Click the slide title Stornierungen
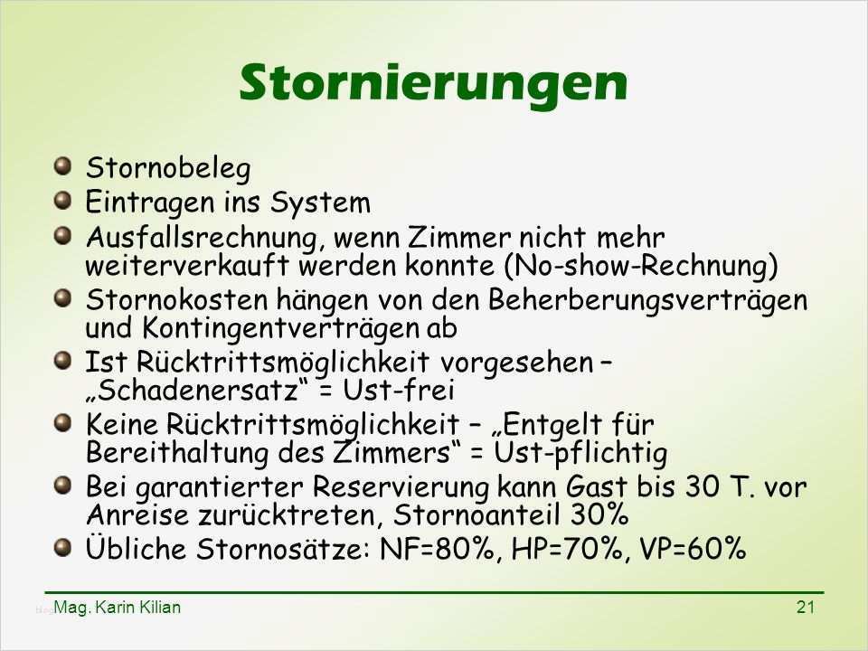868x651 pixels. tap(433, 83)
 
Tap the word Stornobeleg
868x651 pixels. tap(168, 168)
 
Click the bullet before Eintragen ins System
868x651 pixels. tap(63, 200)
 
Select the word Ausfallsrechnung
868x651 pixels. tap(202, 238)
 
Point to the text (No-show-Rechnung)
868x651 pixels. tap(641, 266)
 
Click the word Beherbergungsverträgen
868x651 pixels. tap(647, 300)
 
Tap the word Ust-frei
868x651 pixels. tap(399, 390)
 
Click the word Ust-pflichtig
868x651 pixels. tap(580, 453)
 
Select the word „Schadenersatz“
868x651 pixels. tap(196, 390)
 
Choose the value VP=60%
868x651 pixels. tap(693, 549)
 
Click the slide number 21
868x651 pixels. tap(806, 608)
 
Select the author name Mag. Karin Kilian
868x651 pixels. tap(118, 608)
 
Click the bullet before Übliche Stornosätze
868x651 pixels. tap(63, 548)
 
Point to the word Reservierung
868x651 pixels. tap(401, 487)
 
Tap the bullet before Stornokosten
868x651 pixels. tap(63, 298)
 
